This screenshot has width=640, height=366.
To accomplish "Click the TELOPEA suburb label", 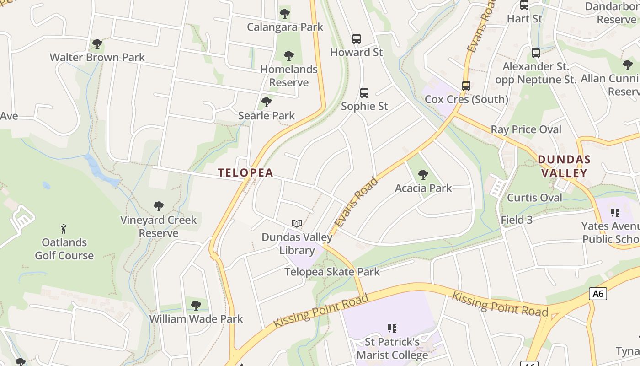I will (245, 172).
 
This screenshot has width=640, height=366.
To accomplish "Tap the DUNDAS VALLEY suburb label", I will (564, 166).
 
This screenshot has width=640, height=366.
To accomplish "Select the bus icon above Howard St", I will (357, 39).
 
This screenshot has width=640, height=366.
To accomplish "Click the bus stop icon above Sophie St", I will (364, 93).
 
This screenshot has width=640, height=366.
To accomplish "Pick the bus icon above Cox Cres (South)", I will (466, 86).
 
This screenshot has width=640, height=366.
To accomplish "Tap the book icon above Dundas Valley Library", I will (297, 223).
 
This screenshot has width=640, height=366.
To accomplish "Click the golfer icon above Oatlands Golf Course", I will (64, 228).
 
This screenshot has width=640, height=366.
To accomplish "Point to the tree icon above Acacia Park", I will (423, 174).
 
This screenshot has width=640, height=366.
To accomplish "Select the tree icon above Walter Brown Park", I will (97, 44).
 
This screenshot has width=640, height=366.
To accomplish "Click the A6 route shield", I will (597, 294).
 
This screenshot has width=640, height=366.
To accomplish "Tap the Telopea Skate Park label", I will (332, 272).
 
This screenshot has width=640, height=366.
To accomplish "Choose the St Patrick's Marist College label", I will (392, 348).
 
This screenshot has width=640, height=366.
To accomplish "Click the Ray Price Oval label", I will (526, 129).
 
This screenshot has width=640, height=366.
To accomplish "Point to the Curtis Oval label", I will (534, 198).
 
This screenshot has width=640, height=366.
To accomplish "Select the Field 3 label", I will (517, 220).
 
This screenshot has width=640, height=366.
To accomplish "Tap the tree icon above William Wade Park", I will (196, 305).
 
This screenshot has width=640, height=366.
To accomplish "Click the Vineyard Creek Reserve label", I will (158, 226).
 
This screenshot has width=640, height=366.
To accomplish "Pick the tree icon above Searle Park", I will (267, 102).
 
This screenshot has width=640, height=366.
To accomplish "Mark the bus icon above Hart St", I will (524, 5).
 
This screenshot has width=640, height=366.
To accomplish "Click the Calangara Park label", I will (285, 27).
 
